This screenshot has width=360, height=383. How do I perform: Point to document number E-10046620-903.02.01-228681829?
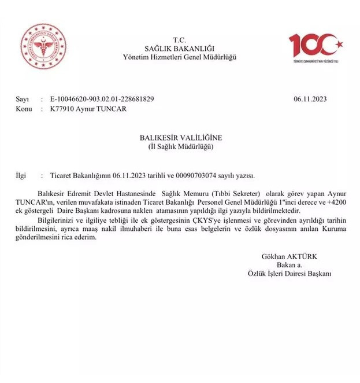(x=103, y=99)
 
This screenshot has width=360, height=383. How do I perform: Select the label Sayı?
(x=22, y=99)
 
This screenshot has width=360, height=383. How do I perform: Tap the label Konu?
(x=24, y=108)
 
